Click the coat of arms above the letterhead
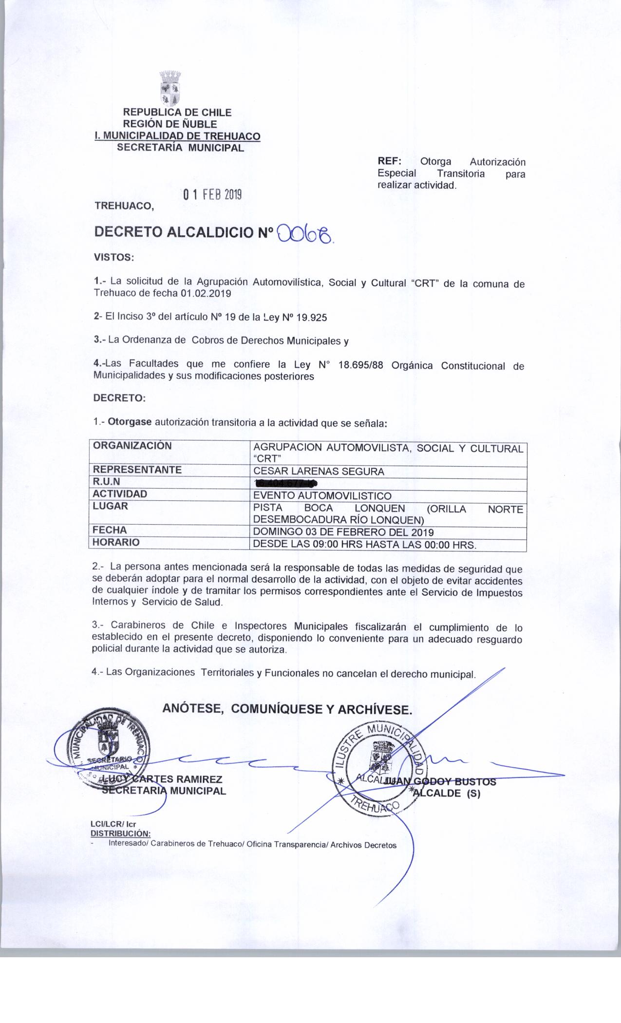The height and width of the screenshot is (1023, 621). pos(170,89)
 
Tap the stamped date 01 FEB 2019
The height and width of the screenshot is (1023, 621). pos(212,195)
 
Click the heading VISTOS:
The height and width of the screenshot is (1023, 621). pos(113,257)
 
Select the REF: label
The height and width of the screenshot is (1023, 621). pos(389,162)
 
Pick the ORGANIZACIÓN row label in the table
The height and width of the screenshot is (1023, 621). pos(132,446)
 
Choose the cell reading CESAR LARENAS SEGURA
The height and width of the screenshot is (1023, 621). pos(319,472)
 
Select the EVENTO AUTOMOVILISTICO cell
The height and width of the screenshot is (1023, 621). pos(322,496)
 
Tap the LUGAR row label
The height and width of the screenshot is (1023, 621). pos(110,506)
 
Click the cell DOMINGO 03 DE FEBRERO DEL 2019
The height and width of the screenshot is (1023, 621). pos(343,532)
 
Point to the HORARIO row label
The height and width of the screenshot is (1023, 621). pos(116,542)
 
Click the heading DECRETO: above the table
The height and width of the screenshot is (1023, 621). pos(119,398)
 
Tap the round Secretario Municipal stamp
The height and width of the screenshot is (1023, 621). pos(108,745)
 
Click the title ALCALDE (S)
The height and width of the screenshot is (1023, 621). pos(446,793)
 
